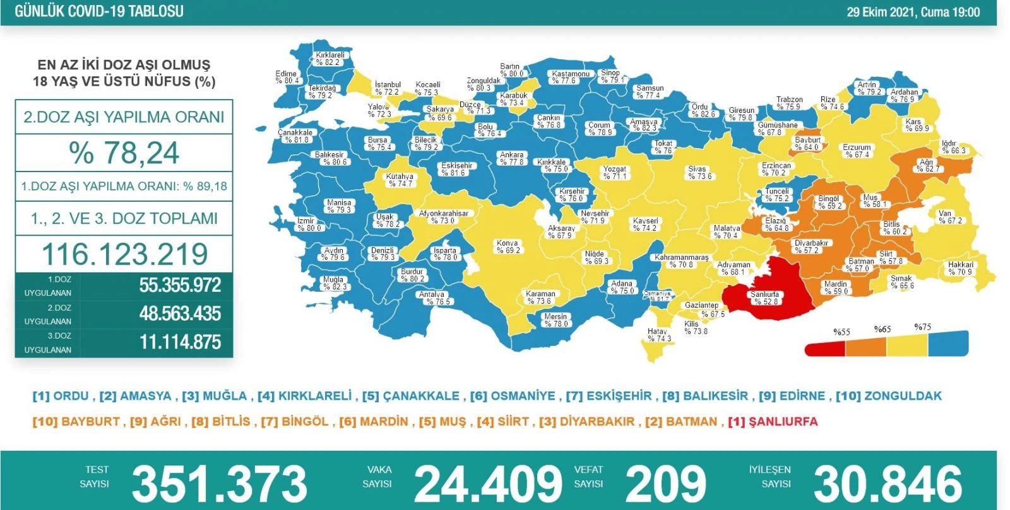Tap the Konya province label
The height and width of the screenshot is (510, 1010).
pyautogui.click(x=508, y=246)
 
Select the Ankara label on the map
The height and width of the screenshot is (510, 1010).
pyautogui.click(x=511, y=158)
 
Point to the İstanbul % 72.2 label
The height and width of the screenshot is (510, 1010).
pyautogui.click(x=387, y=88)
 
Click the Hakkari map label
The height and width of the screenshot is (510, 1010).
pyautogui.click(x=960, y=269)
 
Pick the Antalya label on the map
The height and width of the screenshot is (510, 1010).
pyautogui.click(x=433, y=298)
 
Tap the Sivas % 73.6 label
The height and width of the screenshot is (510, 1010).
pyautogui.click(x=699, y=173)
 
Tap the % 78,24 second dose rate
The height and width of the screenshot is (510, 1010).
pyautogui.click(x=124, y=153)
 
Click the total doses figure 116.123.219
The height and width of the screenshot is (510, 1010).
pyautogui.click(x=124, y=254)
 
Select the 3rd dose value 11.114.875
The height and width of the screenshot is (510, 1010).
pyautogui.click(x=180, y=342)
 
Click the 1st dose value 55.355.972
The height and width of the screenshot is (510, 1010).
pyautogui.click(x=180, y=285)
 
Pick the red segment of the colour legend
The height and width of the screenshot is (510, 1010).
pyautogui.click(x=824, y=348)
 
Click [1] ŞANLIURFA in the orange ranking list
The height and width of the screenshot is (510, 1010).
pyautogui.click(x=773, y=422)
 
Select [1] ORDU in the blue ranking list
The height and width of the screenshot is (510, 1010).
pyautogui.click(x=61, y=396)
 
